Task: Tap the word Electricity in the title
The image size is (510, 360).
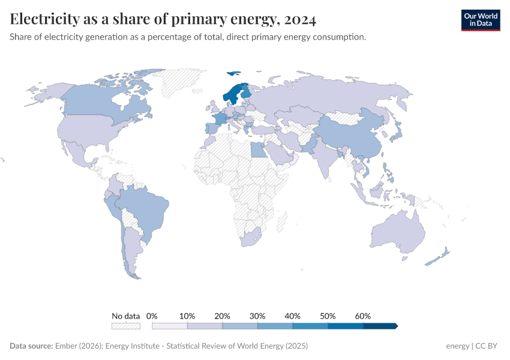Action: [43, 19]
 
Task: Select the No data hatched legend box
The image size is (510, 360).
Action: [126, 326]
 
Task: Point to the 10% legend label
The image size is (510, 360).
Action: [187, 316]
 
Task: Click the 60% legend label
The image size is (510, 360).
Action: [363, 316]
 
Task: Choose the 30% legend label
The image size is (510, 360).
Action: [257, 316]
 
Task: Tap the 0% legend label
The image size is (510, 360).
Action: [152, 316]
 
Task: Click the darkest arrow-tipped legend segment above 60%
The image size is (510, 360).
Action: [380, 326]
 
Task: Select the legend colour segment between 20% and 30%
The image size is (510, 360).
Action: [240, 326]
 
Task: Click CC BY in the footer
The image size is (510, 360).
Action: [487, 346]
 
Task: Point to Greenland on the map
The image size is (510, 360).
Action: [183, 81]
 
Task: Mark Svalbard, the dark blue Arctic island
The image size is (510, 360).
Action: [233, 74]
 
